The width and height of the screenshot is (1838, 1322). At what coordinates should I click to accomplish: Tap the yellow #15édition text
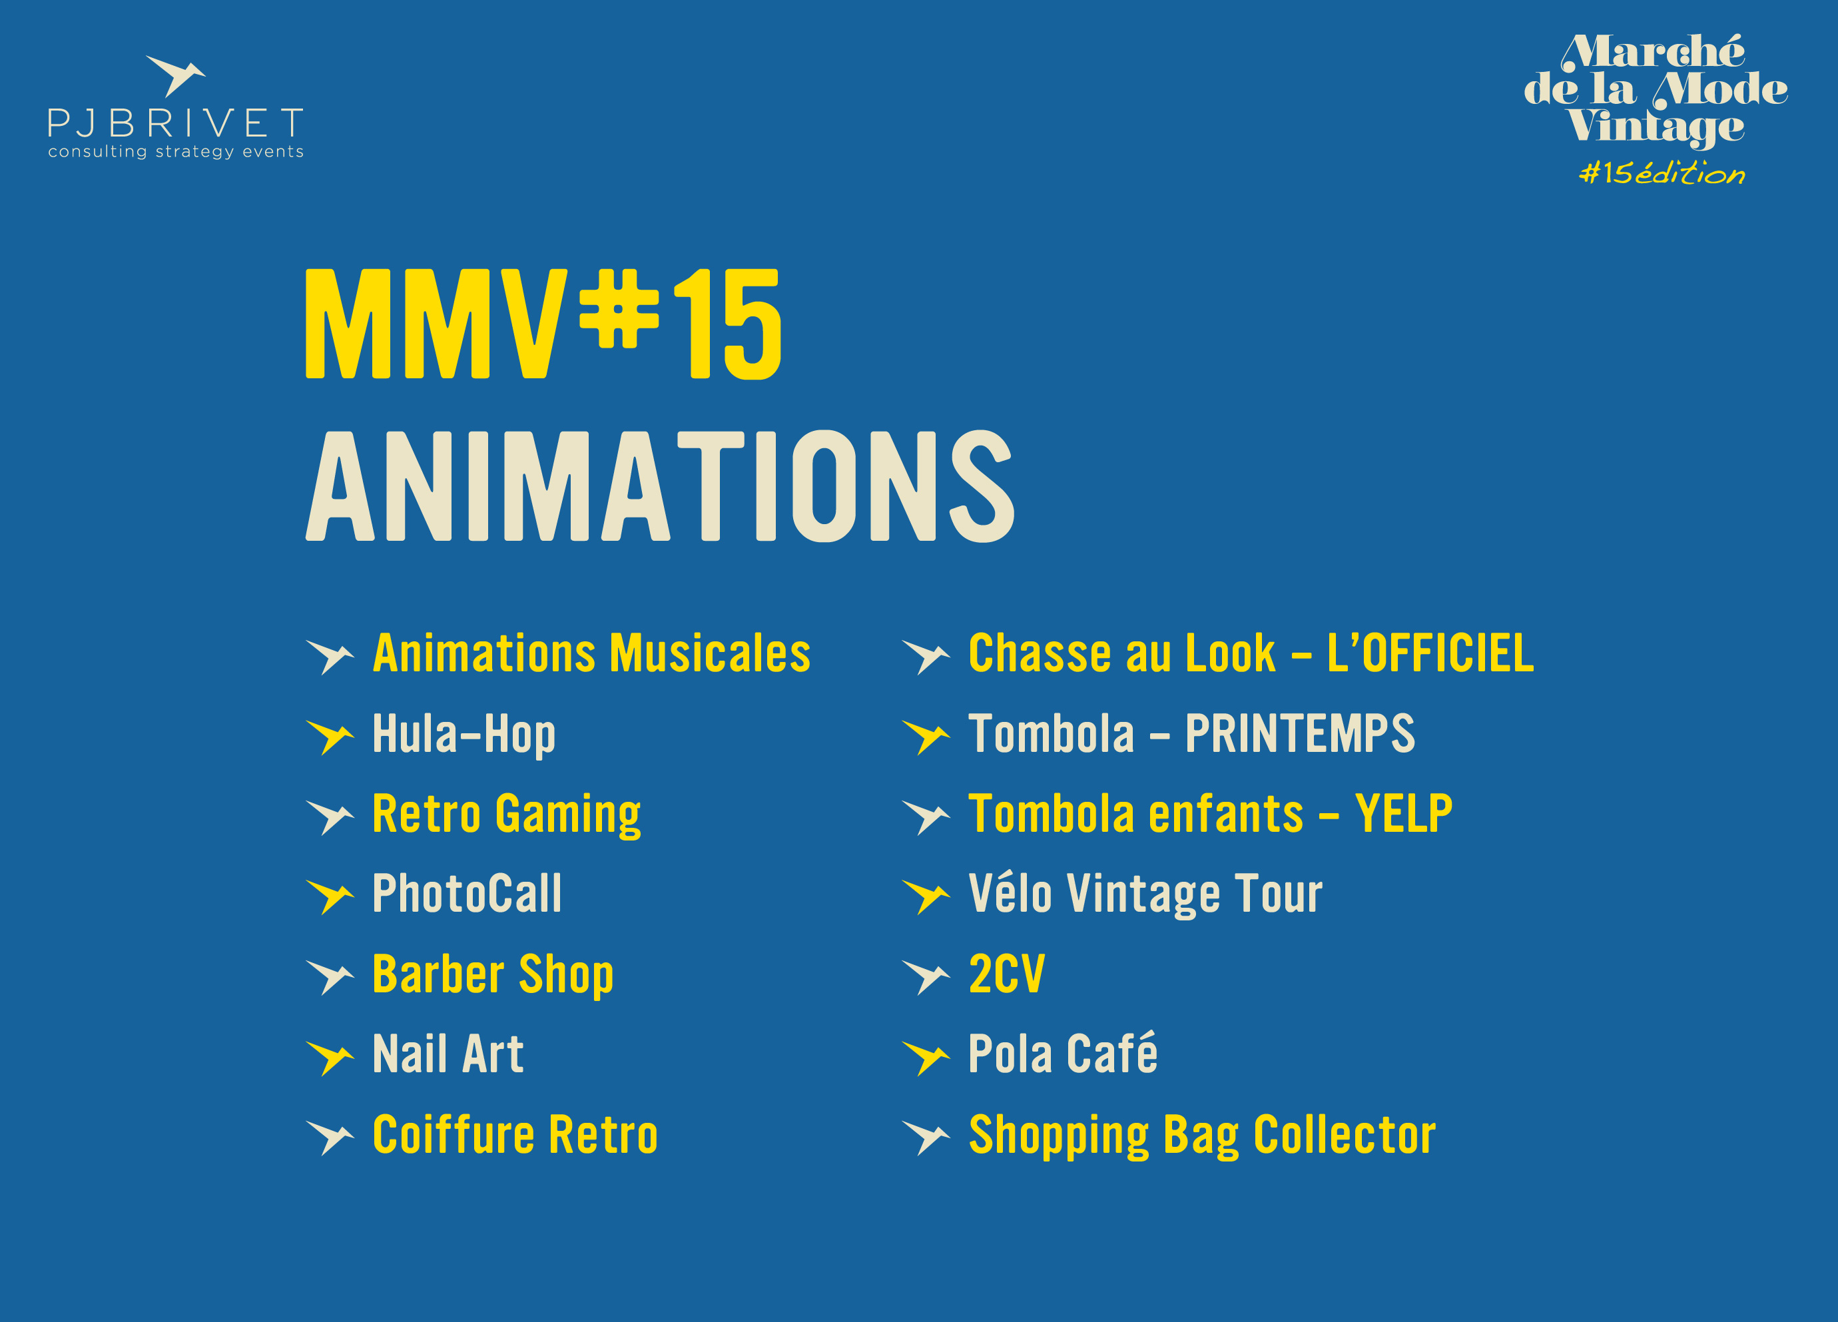1662,172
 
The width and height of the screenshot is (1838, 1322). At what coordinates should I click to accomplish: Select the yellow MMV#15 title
543,324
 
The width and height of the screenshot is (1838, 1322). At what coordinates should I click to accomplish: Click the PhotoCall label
467,893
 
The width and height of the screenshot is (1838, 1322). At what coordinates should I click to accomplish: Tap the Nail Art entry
448,1054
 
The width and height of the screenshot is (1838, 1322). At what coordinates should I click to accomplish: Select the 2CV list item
1006,974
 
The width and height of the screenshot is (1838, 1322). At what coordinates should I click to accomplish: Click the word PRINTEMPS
1300,733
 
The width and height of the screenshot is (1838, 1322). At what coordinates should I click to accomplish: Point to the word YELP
1404,813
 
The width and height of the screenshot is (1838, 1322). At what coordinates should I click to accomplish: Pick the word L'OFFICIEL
1430,653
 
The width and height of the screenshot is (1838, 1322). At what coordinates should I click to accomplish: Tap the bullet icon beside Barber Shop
330,977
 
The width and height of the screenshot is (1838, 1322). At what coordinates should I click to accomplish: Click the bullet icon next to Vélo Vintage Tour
926,896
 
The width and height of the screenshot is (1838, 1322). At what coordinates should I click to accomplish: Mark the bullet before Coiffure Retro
330,1138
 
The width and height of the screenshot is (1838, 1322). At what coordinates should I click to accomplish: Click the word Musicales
710,653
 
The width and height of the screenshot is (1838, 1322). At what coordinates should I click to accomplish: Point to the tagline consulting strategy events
176,152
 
